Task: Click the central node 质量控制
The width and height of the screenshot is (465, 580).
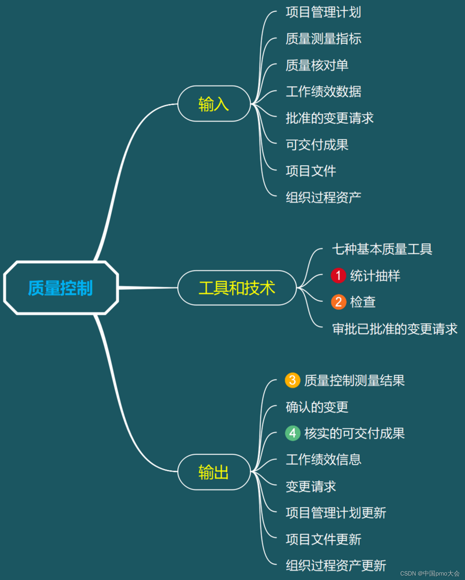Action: click(x=61, y=288)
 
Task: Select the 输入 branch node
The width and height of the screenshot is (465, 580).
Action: click(x=214, y=104)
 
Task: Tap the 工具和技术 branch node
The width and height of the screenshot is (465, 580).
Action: click(x=237, y=288)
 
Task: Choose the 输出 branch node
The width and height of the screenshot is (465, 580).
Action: click(x=214, y=472)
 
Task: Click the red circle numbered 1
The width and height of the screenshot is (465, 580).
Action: click(x=338, y=276)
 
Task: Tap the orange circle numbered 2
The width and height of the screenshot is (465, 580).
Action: click(x=338, y=302)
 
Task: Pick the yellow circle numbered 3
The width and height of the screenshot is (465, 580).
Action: click(x=292, y=380)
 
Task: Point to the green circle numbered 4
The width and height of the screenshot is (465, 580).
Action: click(x=292, y=433)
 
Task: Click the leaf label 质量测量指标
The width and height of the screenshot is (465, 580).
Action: click(x=323, y=39)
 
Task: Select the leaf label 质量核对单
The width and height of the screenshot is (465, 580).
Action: click(x=317, y=65)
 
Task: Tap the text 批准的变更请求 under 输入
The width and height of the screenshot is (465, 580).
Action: click(x=329, y=118)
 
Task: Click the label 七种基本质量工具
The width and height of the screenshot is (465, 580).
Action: click(x=382, y=249)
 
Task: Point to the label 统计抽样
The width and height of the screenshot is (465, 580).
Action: click(x=375, y=276)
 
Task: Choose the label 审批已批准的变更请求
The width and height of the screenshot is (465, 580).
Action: click(x=394, y=329)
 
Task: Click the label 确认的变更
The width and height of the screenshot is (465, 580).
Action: click(x=317, y=407)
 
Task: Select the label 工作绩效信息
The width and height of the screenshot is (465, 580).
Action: click(x=323, y=459)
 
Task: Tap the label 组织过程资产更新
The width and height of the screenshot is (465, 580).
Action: click(x=336, y=566)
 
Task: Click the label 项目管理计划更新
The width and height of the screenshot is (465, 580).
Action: click(x=336, y=513)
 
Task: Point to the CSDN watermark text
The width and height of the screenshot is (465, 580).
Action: click(x=430, y=573)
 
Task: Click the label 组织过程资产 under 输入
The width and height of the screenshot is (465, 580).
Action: click(x=323, y=198)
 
